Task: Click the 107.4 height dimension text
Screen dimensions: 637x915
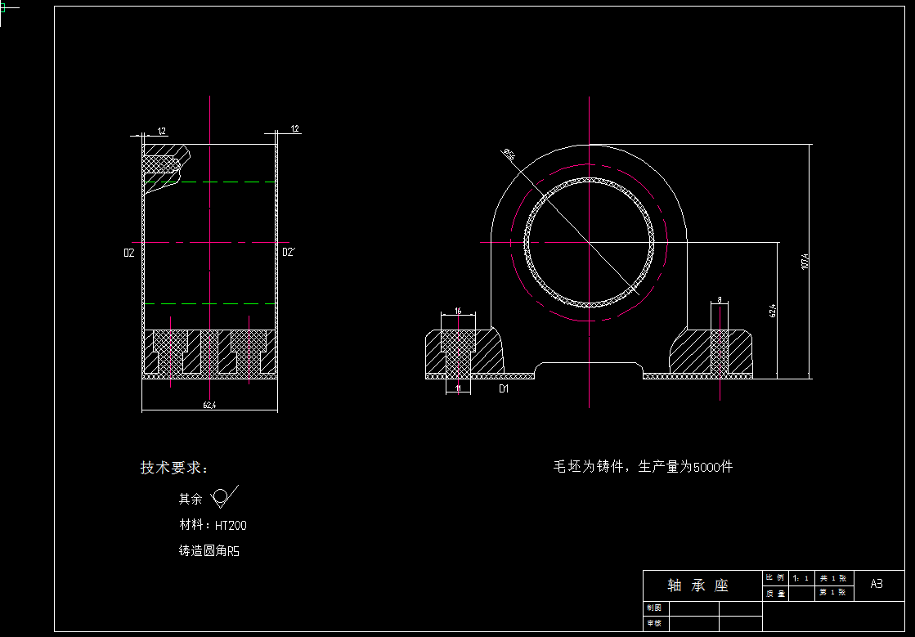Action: tap(805, 261)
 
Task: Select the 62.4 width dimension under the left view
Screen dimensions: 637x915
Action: tap(209, 405)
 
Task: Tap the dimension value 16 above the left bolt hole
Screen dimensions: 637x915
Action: tap(458, 311)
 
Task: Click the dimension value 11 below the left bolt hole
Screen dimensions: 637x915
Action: tap(458, 389)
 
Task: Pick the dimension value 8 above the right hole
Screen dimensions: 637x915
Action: tap(720, 301)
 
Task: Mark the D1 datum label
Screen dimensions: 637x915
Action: tap(504, 389)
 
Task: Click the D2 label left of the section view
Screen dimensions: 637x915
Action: tap(128, 253)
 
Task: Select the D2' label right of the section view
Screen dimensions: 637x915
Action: tap(288, 253)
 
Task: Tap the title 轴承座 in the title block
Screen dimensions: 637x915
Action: tap(697, 585)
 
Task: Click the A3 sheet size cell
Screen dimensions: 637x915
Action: tap(876, 584)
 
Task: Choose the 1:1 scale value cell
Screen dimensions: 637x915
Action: tap(801, 578)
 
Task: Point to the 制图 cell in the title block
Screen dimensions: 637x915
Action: tap(654, 608)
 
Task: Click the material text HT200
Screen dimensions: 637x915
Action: tap(231, 525)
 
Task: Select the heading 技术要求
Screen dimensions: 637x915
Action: tap(174, 468)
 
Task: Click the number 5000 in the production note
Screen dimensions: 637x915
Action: tap(706, 467)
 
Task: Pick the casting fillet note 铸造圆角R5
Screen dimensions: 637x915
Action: tap(209, 551)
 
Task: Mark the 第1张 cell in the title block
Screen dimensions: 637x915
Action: tap(832, 593)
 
